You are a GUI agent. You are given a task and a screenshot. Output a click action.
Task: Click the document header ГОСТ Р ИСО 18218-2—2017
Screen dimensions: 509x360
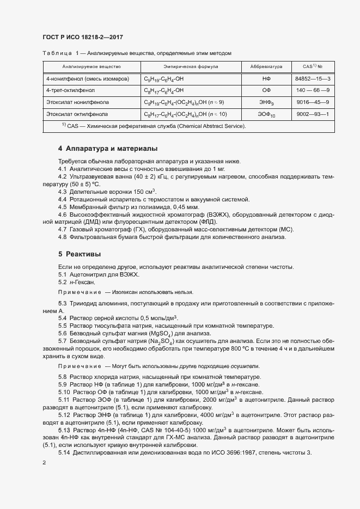click(x=82, y=36)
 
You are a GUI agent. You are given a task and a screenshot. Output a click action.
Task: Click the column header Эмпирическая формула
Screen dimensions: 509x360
click(x=180, y=67)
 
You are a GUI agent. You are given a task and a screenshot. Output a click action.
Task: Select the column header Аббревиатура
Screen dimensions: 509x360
click(x=266, y=67)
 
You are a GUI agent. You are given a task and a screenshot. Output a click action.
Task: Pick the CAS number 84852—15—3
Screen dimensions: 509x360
click(x=313, y=79)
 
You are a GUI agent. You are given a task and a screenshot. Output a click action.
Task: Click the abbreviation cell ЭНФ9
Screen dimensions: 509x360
click(x=266, y=102)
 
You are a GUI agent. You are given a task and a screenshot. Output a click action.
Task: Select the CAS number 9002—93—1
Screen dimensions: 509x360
click(x=313, y=114)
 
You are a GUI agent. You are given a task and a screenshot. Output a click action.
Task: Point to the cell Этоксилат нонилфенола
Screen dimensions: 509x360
click(x=77, y=102)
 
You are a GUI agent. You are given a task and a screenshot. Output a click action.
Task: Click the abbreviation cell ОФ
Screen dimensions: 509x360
click(x=266, y=90)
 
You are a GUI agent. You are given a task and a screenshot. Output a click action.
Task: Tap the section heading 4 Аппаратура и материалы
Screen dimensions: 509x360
click(x=108, y=149)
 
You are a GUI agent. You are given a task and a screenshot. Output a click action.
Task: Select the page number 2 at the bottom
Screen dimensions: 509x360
click(x=44, y=462)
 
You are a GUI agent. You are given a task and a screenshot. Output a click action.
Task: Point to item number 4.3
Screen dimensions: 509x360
click(x=62, y=191)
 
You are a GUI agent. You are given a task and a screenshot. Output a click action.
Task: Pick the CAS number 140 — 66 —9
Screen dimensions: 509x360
click(x=313, y=90)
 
